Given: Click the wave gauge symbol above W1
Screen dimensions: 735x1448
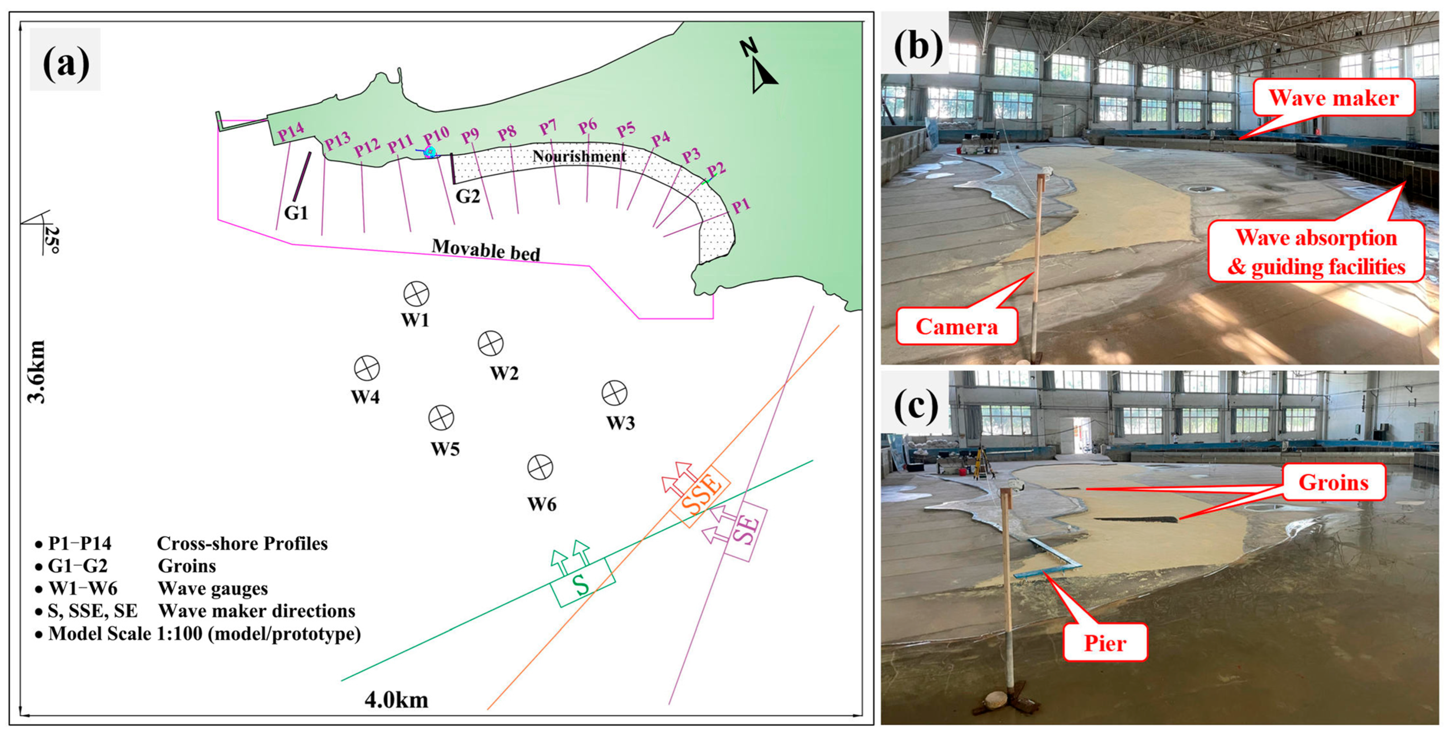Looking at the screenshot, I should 416,294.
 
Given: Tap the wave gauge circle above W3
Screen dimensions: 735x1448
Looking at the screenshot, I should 615,393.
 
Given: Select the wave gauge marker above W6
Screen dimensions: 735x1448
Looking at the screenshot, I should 540,467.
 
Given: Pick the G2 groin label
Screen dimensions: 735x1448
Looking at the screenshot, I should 467,196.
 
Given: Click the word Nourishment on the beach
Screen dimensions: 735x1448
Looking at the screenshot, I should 579,156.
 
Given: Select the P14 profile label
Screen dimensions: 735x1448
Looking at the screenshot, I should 291,133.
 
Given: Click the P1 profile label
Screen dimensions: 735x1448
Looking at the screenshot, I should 740,206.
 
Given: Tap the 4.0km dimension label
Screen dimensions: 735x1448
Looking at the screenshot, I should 396,700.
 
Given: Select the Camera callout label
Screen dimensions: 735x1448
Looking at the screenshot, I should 957,326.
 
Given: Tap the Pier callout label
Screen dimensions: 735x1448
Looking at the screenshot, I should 1104,643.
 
